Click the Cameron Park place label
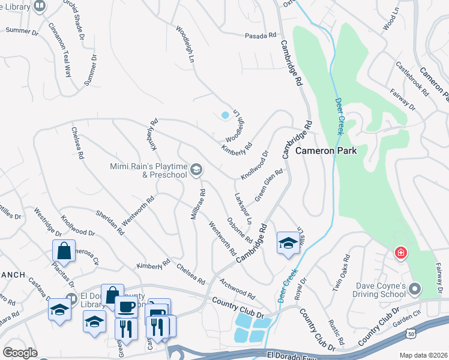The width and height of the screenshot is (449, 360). click(326, 151)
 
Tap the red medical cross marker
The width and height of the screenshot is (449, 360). click(400, 254)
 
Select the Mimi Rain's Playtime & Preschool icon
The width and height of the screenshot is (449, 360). click(196, 171)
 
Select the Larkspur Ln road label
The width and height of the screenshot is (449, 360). click(243, 206)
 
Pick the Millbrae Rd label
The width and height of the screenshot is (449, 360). click(199, 205)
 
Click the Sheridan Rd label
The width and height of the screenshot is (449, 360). click(110, 222)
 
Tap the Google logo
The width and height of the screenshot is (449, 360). click(20, 353)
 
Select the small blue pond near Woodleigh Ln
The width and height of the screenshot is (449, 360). click(225, 115)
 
